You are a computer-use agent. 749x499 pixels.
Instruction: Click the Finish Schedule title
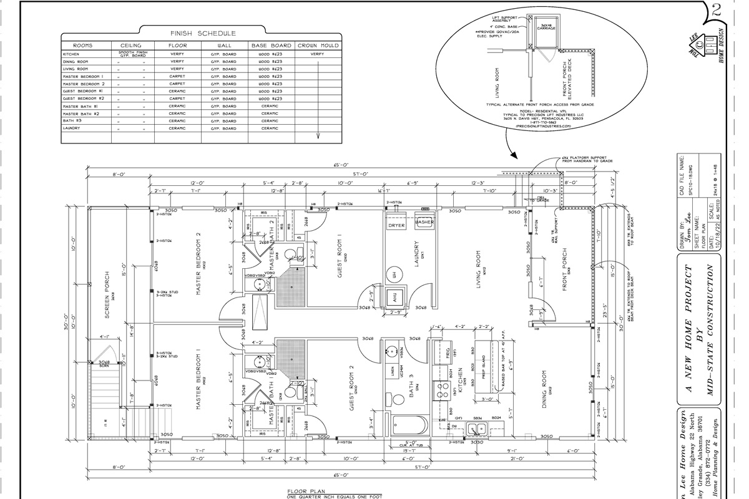[203, 33]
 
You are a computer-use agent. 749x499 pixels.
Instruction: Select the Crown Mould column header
[318, 46]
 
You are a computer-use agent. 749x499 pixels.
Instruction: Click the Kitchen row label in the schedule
[71, 54]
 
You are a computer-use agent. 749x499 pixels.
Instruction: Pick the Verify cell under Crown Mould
[318, 54]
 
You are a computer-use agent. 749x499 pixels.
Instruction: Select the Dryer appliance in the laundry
[397, 225]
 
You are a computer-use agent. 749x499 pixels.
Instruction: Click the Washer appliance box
[424, 222]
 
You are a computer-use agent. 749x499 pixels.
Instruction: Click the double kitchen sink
[479, 429]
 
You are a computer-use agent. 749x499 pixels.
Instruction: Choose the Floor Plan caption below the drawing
[306, 492]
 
